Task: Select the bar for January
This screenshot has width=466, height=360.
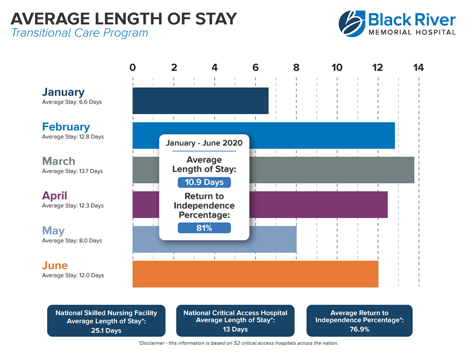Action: point(200,101)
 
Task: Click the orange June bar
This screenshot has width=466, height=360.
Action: point(255,274)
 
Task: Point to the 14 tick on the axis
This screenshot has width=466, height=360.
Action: point(418,67)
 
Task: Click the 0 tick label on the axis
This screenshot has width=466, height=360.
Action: point(133,67)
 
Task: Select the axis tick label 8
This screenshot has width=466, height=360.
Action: point(296,67)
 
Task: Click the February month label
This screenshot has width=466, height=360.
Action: point(66,126)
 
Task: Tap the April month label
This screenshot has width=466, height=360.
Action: point(57,196)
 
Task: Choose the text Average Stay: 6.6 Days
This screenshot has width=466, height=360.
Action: point(72,103)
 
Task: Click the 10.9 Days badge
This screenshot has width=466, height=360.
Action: point(204,182)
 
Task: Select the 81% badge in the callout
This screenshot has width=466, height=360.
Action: point(204,228)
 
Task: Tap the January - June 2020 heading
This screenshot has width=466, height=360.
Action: point(204,143)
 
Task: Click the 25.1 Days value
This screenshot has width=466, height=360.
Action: point(106,330)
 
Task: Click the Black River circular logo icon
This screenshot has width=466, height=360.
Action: point(352,22)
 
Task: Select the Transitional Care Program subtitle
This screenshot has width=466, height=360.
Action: point(79,33)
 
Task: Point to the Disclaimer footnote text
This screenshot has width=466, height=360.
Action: point(238,343)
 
